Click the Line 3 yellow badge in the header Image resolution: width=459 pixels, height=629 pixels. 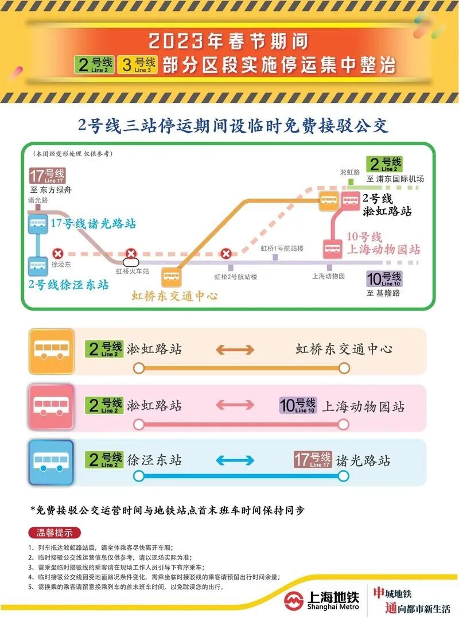[137, 64]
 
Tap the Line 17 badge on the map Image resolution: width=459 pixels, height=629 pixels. [47, 175]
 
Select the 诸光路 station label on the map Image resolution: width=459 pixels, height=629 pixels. [38, 200]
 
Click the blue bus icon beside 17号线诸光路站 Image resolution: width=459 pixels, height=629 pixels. [38, 224]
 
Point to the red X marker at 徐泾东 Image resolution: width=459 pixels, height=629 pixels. [57, 253]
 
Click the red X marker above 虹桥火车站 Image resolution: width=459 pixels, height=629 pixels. [131, 253]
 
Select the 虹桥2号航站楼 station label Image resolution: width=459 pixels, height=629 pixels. [236, 277]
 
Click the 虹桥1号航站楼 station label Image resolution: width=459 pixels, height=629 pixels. [282, 249]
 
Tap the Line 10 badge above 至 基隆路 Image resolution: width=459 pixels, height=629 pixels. [384, 279]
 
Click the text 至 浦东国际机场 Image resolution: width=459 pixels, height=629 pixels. [395, 179]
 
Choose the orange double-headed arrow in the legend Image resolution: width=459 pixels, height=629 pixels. [235, 350]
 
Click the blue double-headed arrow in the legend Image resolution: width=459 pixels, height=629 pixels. [235, 460]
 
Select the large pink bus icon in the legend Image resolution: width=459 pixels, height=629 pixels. [52, 406]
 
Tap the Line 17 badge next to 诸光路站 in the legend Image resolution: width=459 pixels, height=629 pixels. [313, 460]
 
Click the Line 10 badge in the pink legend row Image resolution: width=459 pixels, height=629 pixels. [297, 406]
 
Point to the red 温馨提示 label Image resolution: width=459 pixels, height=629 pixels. [55, 532]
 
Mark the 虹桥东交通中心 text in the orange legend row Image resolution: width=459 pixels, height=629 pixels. [344, 349]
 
